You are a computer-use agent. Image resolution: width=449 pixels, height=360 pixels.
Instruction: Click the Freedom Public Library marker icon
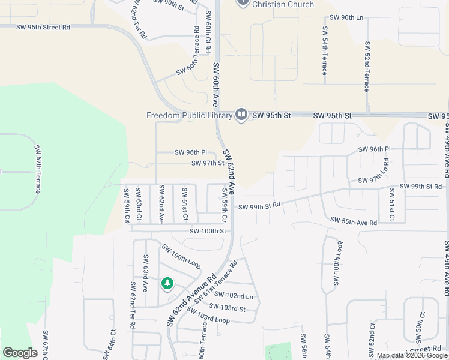(x=241, y=114)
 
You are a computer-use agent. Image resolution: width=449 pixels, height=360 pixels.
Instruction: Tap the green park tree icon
(x=167, y=283)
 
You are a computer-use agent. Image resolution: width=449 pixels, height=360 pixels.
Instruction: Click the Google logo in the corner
(x=20, y=352)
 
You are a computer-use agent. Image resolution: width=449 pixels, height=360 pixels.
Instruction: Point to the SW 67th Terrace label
(x=37, y=169)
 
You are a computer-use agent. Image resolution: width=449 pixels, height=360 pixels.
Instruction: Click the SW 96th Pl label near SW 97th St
(x=190, y=152)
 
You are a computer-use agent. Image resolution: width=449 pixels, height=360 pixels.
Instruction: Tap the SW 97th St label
(x=208, y=163)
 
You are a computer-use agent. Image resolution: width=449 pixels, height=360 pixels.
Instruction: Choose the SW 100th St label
(x=208, y=231)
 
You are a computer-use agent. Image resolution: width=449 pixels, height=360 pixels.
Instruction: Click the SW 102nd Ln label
(x=234, y=295)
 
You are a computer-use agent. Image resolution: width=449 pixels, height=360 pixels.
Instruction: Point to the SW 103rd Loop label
(x=208, y=316)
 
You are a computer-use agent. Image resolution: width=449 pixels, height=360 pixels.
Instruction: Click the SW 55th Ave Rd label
(x=354, y=223)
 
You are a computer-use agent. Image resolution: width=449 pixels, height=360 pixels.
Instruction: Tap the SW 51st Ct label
(x=391, y=205)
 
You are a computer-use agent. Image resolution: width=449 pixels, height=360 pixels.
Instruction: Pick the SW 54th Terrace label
(x=324, y=50)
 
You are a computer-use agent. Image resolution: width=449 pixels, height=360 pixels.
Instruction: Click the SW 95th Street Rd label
(x=43, y=28)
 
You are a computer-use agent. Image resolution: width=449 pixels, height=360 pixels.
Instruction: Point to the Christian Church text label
(x=283, y=4)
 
